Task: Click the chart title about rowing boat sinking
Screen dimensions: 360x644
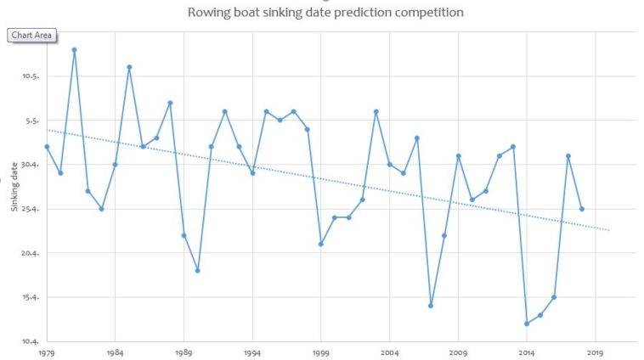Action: tap(325, 13)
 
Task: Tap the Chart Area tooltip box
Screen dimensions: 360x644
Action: tap(32, 35)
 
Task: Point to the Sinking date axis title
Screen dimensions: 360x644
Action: tap(14, 190)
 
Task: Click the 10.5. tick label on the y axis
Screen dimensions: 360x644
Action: tap(31, 76)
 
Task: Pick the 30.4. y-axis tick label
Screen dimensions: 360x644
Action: tap(31, 165)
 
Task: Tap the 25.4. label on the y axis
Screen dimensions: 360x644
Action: tap(31, 209)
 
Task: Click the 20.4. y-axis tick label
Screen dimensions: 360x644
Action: tap(31, 253)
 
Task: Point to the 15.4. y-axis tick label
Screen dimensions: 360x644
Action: tap(31, 297)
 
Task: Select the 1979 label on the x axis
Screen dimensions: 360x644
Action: tap(47, 352)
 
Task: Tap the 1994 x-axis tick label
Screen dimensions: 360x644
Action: tap(252, 352)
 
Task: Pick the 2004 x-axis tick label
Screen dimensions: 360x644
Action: tap(390, 352)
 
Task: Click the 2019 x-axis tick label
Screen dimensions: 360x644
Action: tap(596, 352)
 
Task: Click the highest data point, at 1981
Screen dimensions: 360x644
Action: tap(74, 49)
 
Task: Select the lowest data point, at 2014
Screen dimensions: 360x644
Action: tap(527, 323)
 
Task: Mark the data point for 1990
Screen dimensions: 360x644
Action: tap(197, 271)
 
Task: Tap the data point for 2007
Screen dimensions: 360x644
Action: tap(431, 306)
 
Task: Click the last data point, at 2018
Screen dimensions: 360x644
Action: tap(582, 209)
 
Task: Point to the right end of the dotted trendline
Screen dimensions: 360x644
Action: tap(609, 230)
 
